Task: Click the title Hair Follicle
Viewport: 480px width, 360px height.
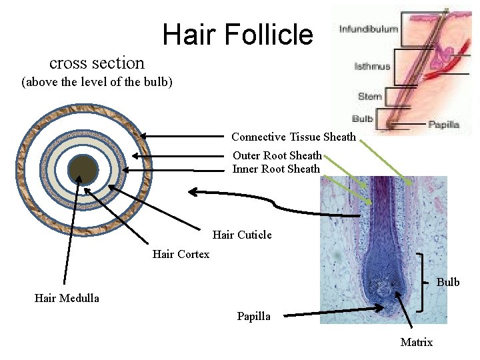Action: tap(237, 34)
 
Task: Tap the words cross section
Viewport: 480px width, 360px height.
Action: tap(97, 63)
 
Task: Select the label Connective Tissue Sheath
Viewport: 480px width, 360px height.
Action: tap(293, 137)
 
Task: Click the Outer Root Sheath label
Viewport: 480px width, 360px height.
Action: tap(277, 155)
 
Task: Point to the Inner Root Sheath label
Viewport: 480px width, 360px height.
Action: tap(276, 169)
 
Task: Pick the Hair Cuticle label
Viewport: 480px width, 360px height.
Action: tap(242, 235)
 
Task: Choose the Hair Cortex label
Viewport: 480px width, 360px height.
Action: tap(181, 254)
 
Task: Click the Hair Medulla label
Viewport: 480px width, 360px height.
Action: tap(67, 299)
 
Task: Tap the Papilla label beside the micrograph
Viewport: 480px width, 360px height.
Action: tap(253, 317)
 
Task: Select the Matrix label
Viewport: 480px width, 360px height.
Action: tap(416, 343)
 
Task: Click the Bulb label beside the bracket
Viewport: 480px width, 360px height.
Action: tap(448, 282)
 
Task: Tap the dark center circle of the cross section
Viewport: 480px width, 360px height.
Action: tap(83, 169)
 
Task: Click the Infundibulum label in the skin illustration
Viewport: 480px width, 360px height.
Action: tap(369, 29)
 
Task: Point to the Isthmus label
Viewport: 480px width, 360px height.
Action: tap(373, 67)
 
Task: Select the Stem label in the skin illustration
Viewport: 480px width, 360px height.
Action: tap(370, 97)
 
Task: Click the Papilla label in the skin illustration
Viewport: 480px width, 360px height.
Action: tap(443, 125)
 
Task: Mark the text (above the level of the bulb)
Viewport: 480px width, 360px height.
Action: tap(97, 83)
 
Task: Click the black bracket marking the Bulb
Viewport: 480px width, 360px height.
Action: tap(421, 282)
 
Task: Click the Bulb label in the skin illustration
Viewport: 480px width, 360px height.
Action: tap(363, 119)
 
